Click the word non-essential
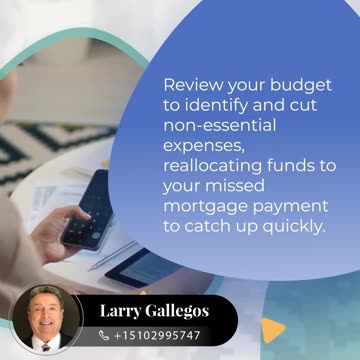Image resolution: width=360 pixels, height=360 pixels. coord(219,126)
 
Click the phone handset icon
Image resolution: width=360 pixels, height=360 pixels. coord(104,335)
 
